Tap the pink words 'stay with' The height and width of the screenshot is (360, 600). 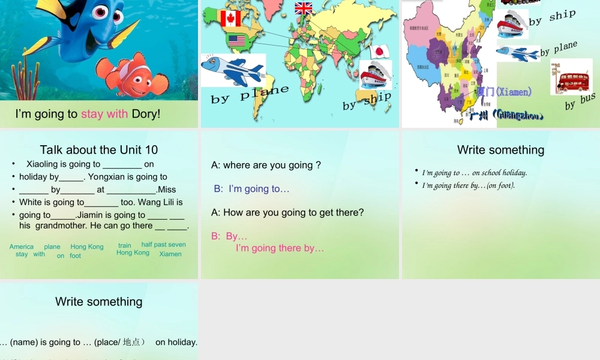[104, 114]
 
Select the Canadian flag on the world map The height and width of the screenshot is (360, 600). [230, 19]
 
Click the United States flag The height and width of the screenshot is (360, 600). [237, 41]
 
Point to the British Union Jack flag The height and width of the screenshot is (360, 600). [304, 8]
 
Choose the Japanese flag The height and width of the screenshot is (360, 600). [380, 52]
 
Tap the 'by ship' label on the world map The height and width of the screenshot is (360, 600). [367, 101]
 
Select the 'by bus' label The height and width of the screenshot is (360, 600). [580, 101]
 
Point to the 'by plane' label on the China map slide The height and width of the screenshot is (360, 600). [559, 49]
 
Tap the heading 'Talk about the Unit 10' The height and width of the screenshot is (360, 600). [99, 150]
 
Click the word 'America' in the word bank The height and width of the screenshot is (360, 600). [22, 247]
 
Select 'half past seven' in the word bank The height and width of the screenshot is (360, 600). [164, 244]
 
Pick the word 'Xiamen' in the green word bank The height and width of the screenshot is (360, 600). [170, 254]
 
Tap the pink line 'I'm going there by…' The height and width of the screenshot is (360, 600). [280, 248]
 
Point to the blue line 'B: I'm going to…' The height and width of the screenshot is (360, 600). [252, 188]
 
